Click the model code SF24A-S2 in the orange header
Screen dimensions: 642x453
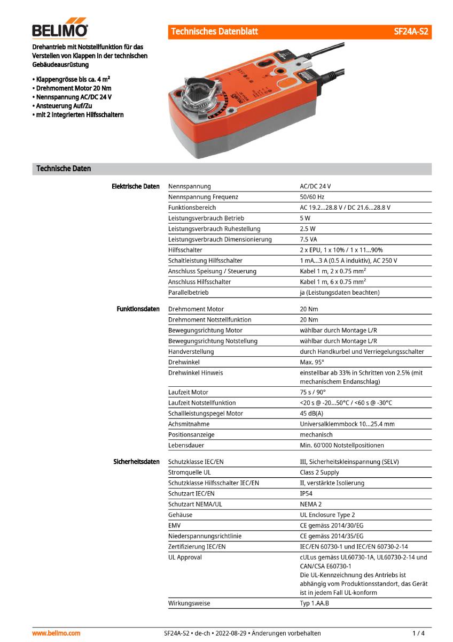tap(411, 32)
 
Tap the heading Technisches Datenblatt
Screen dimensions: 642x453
tap(214, 32)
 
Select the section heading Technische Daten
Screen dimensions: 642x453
tap(64, 169)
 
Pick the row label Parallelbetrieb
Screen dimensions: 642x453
tap(188, 293)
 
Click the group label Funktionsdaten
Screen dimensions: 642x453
tap(138, 309)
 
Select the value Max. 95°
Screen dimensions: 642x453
tap(313, 362)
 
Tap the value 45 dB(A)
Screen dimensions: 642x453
tap(311, 414)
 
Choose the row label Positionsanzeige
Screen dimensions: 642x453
tap(191, 434)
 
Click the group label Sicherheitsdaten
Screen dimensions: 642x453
tap(136, 462)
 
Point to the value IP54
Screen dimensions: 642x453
tap(307, 493)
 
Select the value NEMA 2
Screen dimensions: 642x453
tap(310, 504)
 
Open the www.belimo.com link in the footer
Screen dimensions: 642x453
tap(56, 633)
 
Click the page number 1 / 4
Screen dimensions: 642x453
tap(419, 633)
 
